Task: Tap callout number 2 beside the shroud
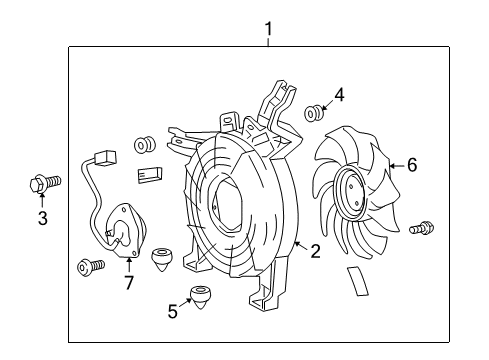coord(314,252)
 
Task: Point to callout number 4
coord(339,96)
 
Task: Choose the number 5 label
coord(172,311)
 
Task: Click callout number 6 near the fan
coord(410,165)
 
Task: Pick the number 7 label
coord(128,284)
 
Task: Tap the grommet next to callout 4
coord(313,111)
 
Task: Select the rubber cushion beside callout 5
coord(204,297)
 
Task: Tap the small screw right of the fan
coord(422,228)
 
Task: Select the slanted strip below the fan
coord(358,283)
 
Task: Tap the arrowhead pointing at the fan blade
coord(390,166)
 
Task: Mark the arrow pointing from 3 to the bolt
coord(42,201)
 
